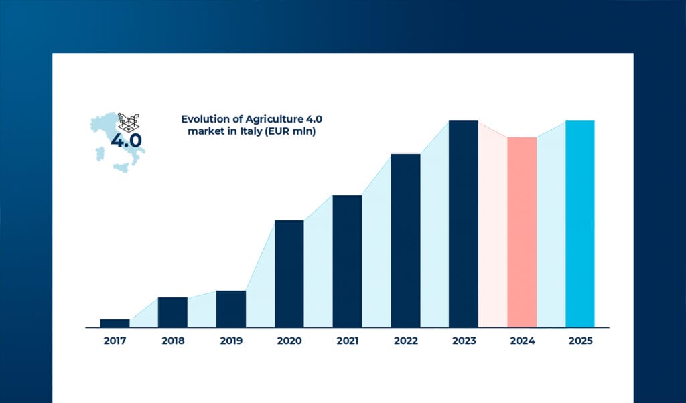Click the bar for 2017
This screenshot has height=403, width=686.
click(x=115, y=323)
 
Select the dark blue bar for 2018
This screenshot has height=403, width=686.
click(x=173, y=312)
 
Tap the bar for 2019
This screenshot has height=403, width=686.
click(x=231, y=309)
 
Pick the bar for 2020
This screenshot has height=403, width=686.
click(x=289, y=273)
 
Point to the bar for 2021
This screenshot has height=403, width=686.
click(x=347, y=261)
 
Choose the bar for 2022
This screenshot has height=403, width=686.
click(x=405, y=240)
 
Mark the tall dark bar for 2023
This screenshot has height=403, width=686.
click(x=464, y=224)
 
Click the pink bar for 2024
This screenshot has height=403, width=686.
click(x=522, y=232)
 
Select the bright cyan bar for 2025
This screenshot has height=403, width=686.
click(x=580, y=224)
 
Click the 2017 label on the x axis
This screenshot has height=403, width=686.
click(x=115, y=341)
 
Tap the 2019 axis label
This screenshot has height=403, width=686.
click(x=231, y=341)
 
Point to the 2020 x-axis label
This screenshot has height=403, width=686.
click(x=289, y=341)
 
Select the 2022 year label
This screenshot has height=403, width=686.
click(x=405, y=341)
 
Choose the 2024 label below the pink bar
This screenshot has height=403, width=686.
click(x=522, y=341)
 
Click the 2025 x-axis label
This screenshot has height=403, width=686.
click(x=580, y=341)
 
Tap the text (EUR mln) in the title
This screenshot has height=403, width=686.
click(x=289, y=132)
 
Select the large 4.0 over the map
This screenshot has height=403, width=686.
click(x=126, y=141)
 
